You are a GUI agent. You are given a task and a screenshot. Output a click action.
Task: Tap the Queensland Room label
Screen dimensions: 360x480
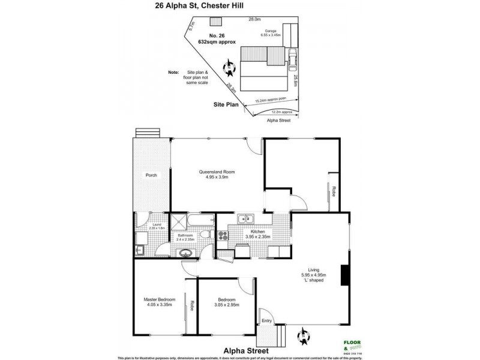click(x=217, y=175)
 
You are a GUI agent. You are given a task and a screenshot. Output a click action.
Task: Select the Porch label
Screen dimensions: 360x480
click(x=151, y=175)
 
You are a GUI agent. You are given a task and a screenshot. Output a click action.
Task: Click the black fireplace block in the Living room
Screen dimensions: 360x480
click(x=344, y=275)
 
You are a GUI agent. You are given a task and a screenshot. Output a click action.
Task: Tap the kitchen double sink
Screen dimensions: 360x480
click(x=245, y=218)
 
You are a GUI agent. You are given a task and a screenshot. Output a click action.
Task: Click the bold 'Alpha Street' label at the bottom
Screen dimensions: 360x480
click(x=244, y=349)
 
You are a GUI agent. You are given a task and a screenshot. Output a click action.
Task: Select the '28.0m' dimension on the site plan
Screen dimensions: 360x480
click(x=255, y=19)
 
